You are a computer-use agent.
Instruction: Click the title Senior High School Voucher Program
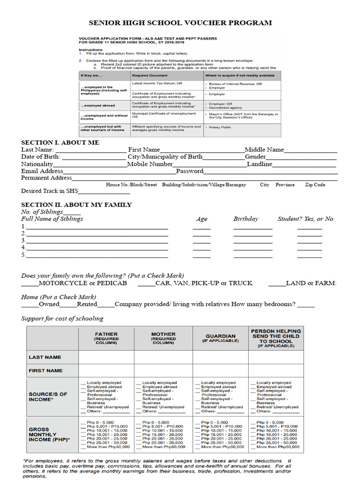tap(180, 23)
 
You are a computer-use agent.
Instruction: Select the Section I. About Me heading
tap(60, 142)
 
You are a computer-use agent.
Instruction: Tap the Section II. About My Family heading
tap(77, 205)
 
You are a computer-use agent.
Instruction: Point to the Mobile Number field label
tap(150, 164)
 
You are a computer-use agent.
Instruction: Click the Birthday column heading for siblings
tap(246, 219)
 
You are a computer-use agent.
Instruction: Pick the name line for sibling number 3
tap(97, 241)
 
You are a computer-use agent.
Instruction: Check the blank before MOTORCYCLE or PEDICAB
tap(30, 284)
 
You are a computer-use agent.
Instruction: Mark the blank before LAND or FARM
tap(276, 284)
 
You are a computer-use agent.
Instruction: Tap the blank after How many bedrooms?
tap(306, 305)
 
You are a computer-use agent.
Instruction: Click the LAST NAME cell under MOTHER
tap(163, 358)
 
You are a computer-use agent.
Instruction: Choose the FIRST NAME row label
tap(46, 371)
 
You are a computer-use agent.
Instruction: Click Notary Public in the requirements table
tap(220, 127)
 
